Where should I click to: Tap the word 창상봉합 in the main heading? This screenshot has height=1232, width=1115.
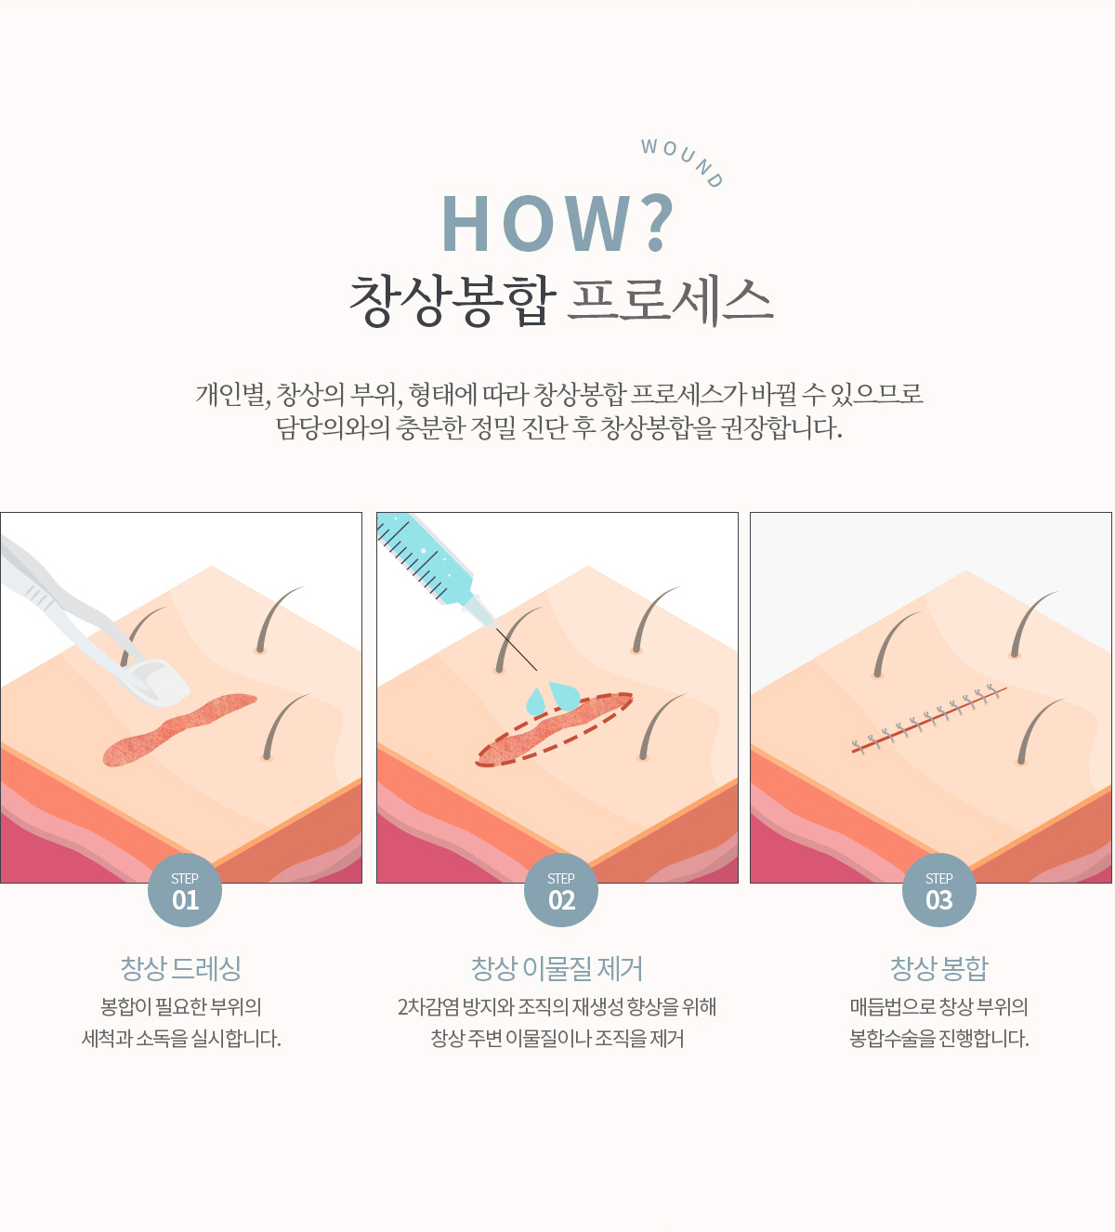(x=453, y=300)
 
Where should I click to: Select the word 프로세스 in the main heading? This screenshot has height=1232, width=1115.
(x=669, y=300)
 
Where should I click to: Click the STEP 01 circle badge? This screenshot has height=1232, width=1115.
(x=185, y=890)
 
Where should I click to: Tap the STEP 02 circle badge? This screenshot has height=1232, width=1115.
(x=561, y=890)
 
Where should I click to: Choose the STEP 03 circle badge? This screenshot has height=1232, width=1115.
(x=939, y=890)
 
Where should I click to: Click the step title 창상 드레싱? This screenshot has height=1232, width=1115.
(x=180, y=968)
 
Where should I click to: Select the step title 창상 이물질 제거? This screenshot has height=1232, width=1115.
(x=557, y=968)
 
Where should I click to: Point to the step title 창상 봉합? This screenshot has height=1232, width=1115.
(x=939, y=968)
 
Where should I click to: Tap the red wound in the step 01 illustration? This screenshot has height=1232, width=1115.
(x=178, y=729)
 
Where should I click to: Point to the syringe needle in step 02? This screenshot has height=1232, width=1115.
(x=516, y=649)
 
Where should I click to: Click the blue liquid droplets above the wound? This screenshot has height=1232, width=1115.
(x=554, y=698)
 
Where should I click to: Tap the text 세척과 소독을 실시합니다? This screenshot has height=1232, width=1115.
(x=181, y=1039)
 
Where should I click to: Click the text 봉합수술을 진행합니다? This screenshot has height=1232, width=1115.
(x=938, y=1039)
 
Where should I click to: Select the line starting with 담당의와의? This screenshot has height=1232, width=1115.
(x=558, y=428)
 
